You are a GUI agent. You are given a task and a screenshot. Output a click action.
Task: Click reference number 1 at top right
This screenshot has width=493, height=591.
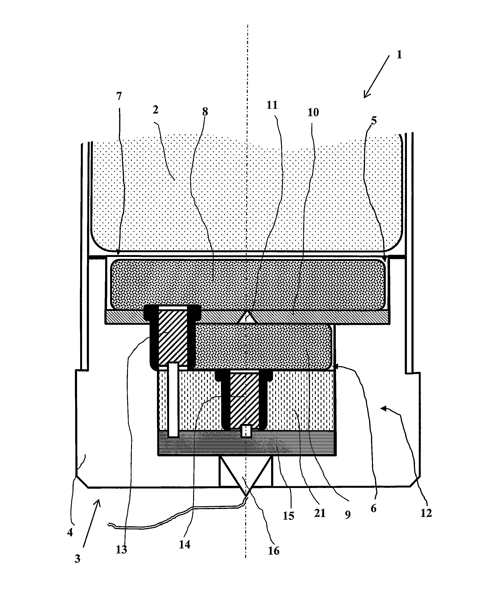(x=399, y=54)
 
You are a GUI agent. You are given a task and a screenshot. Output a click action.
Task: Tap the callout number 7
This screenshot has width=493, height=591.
(x=119, y=96)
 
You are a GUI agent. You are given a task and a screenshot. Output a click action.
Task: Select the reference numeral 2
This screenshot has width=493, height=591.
(x=156, y=110)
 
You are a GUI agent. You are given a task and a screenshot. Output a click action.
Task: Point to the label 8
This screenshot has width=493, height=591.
(x=205, y=112)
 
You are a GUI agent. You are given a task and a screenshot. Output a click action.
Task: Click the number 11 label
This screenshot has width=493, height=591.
(x=272, y=105)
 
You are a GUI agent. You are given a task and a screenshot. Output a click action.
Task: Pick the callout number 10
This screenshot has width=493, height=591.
(x=313, y=113)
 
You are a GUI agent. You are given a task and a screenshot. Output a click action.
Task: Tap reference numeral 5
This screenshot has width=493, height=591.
(x=374, y=120)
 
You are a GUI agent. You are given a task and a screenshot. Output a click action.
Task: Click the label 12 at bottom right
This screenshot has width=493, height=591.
(x=426, y=513)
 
